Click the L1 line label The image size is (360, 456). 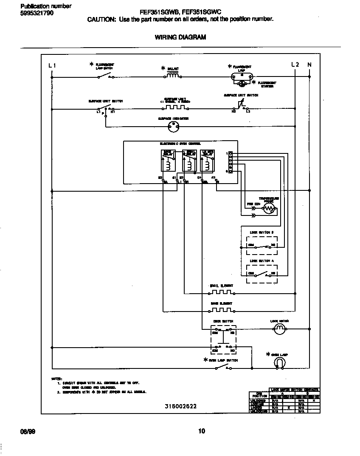pyautogui.click(x=52, y=65)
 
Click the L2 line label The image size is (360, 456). pyautogui.click(x=295, y=65)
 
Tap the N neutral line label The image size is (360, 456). pyautogui.click(x=309, y=65)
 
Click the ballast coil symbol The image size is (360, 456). pyautogui.click(x=172, y=76)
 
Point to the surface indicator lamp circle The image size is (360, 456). pyautogui.click(x=172, y=126)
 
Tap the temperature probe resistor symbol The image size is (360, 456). pyautogui.click(x=269, y=208)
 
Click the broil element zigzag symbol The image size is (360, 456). pyautogui.click(x=222, y=293)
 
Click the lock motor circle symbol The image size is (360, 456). pyautogui.click(x=279, y=329)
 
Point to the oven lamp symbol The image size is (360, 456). pyautogui.click(x=279, y=362)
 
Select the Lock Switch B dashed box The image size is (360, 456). pyautogui.click(x=262, y=243)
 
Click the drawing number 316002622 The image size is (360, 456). pyautogui.click(x=180, y=406)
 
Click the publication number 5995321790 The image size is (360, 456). pyautogui.click(x=37, y=13)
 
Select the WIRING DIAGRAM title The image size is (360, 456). pyautogui.click(x=180, y=37)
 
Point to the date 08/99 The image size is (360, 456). pyautogui.click(x=28, y=431)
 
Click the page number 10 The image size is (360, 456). pyautogui.click(x=202, y=431)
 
